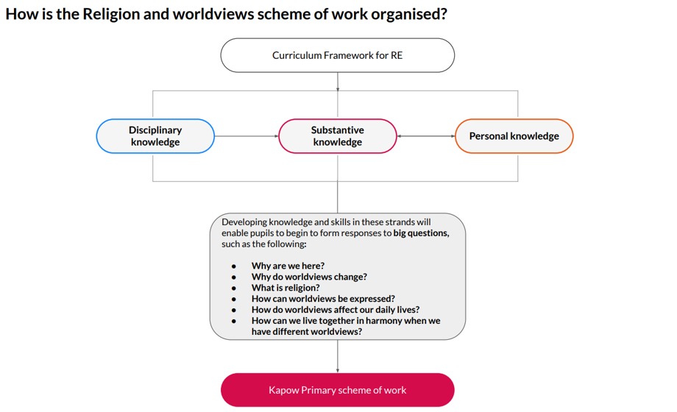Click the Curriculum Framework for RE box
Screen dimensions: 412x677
[x=338, y=55]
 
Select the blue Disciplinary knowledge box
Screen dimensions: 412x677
[x=155, y=136]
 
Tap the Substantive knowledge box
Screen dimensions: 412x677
[x=338, y=136]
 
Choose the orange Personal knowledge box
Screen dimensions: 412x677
[x=514, y=136]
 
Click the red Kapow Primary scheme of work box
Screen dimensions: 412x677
[x=338, y=390]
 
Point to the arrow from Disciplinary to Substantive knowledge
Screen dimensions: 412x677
[x=247, y=136]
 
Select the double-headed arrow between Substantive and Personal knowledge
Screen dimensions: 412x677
[x=426, y=136]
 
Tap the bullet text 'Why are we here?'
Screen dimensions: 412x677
[x=288, y=266]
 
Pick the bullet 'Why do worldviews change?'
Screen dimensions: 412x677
[x=309, y=277]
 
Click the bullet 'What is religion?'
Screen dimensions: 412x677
[x=286, y=288]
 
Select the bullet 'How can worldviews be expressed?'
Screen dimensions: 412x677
[x=323, y=299]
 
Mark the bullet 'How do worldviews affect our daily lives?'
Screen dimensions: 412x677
[x=336, y=310]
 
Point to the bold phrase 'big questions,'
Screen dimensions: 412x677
[x=421, y=233]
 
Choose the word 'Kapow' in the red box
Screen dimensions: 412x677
[x=284, y=390]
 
